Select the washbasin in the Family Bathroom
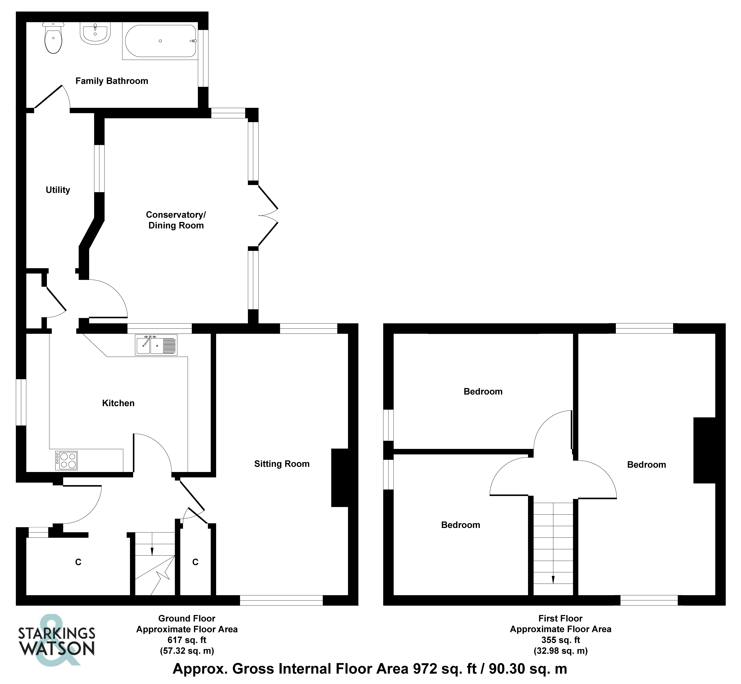click(95, 33)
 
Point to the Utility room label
click(58, 190)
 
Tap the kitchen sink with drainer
click(156, 345)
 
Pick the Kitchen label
click(118, 403)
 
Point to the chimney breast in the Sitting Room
click(340, 477)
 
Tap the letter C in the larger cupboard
click(78, 562)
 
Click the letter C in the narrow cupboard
click(195, 562)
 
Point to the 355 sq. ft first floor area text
click(560, 640)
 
